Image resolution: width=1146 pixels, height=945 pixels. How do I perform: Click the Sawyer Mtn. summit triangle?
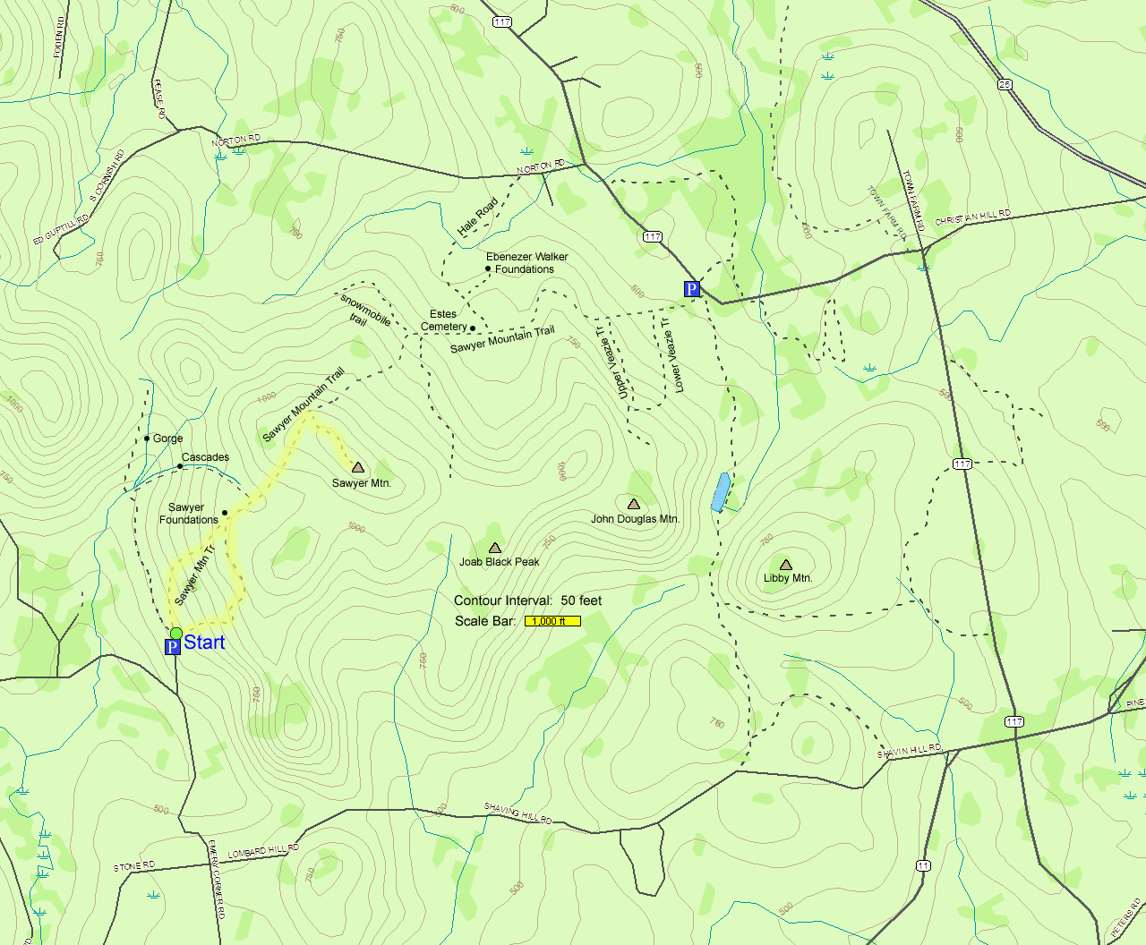coord(358,467)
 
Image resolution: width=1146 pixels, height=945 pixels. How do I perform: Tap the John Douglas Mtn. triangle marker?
coord(634,504)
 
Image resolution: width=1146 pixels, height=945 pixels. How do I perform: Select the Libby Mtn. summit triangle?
coord(786,565)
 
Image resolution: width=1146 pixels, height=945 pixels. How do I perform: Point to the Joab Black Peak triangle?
coord(495,548)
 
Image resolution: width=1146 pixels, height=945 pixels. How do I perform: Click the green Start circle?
coord(176,634)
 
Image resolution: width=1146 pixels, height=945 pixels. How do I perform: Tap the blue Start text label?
coord(204,643)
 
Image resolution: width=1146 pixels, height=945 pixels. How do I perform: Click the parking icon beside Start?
coord(173,647)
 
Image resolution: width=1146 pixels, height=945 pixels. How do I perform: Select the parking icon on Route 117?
coord(691,289)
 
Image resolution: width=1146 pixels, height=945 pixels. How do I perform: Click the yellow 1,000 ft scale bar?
coord(552,621)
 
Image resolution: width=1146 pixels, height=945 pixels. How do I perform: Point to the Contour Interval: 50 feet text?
coord(527,600)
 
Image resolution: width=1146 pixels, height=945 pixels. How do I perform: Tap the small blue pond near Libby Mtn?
coord(720,492)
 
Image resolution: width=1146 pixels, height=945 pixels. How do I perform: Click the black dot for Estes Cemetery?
coord(473,328)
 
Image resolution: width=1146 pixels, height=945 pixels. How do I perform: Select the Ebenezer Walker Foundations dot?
coord(488,268)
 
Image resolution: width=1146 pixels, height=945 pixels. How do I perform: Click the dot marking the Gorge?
coord(147,438)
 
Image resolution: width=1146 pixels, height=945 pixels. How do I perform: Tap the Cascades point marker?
coord(180,466)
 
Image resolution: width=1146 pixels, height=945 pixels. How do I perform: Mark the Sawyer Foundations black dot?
coord(225,513)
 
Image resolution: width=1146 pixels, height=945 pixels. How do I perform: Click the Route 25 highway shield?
coord(1005,84)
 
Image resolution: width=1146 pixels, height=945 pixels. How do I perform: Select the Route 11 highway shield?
coord(923,865)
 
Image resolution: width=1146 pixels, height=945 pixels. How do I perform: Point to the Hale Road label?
coord(477,217)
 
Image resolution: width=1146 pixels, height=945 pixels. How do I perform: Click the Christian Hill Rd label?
coord(972,217)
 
